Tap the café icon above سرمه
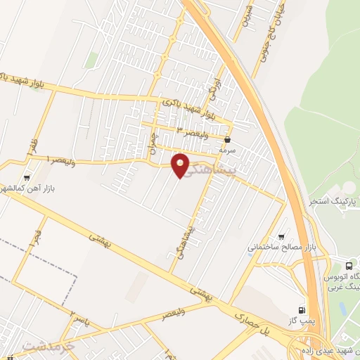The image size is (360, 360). click(227, 140)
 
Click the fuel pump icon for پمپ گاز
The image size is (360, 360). click(302, 310)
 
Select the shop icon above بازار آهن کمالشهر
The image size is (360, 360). click(27, 178)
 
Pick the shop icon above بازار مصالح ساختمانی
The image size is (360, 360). click(282, 237)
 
